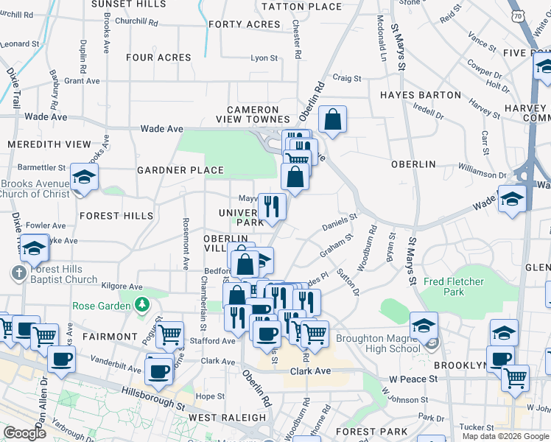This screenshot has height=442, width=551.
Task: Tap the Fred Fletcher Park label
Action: [455, 287]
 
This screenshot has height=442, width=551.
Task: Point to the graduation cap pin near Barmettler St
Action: [84, 178]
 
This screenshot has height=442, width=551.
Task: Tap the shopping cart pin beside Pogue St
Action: [170, 334]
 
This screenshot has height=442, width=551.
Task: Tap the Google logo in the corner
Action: [24, 432]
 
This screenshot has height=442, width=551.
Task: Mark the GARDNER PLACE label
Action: [180, 170]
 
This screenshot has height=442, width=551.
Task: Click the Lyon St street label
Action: [264, 57]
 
